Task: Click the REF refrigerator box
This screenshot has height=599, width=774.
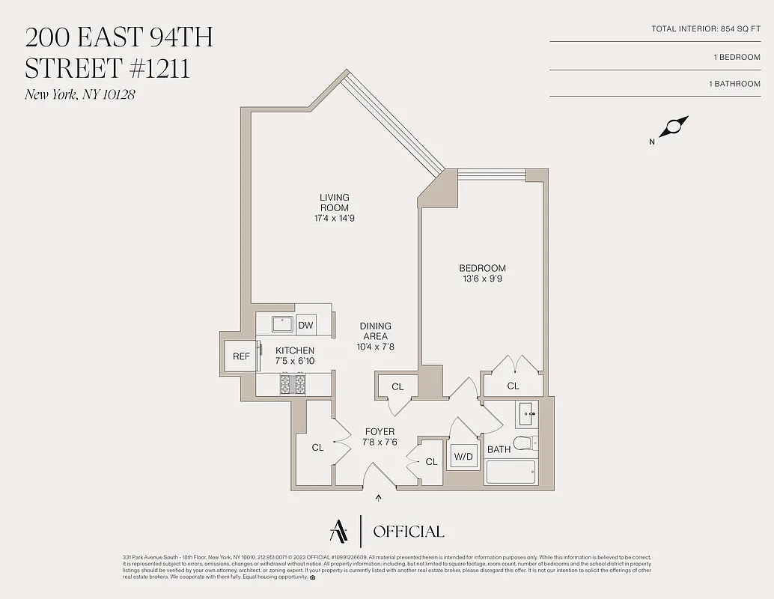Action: tap(241, 356)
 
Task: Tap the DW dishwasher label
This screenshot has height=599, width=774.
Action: tap(305, 325)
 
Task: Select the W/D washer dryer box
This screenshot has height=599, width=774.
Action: tap(463, 456)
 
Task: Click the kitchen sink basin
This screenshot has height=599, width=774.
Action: tap(281, 325)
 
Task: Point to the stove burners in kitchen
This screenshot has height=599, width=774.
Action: tap(293, 384)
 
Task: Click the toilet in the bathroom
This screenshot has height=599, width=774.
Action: tap(523, 443)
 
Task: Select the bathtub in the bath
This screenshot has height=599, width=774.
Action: tap(511, 472)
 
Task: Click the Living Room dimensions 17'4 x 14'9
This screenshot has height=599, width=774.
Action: tap(334, 219)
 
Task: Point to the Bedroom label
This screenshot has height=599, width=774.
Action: tap(482, 268)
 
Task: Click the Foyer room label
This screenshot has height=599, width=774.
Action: tap(380, 432)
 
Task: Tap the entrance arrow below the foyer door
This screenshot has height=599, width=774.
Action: tap(378, 497)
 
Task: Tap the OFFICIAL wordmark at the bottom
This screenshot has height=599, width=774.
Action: tap(408, 532)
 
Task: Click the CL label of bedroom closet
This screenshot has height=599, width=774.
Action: tap(513, 386)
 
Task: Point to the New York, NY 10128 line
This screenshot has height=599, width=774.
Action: tap(80, 94)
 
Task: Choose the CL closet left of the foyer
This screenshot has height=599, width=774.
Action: tap(318, 447)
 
